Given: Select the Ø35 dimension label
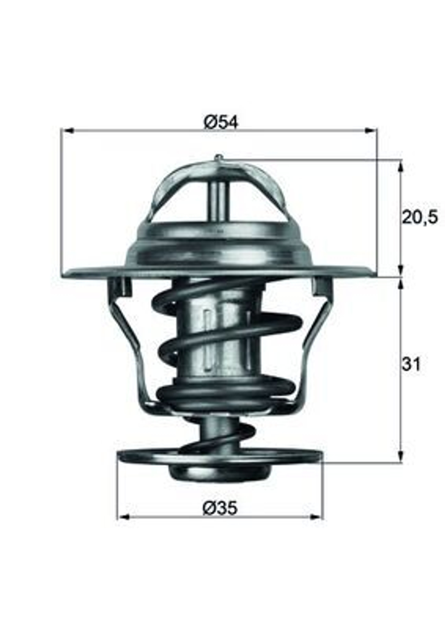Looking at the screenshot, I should click(220, 508).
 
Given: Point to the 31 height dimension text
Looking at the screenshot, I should click(411, 364).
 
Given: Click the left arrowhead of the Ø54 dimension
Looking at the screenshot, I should click(67, 130).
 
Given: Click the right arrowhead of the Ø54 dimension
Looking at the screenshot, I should click(370, 130).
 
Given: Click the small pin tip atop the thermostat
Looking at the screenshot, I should click(218, 157).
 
